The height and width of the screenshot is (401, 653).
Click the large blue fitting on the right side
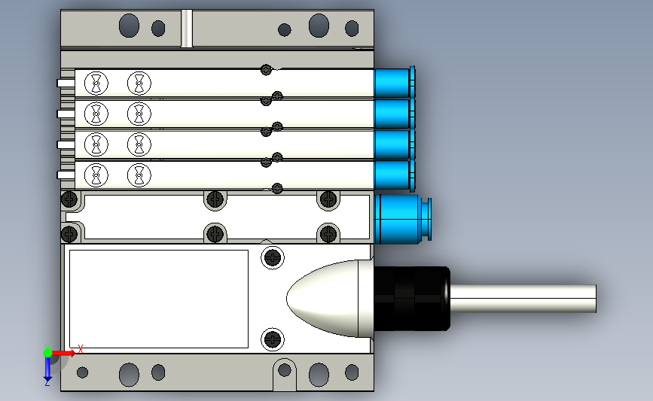pos(402,219)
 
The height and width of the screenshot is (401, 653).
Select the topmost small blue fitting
pos(395,83)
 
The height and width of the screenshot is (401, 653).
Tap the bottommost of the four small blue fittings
pos(395,175)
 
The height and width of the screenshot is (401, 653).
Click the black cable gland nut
pos(412,299)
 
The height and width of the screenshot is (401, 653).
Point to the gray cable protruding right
pos(523,299)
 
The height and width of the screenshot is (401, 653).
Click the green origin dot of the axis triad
pos(48,353)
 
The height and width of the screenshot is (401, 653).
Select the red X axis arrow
pos(63,353)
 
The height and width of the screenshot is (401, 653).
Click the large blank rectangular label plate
pos(159,299)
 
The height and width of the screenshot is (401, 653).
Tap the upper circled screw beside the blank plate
pos(273,257)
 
